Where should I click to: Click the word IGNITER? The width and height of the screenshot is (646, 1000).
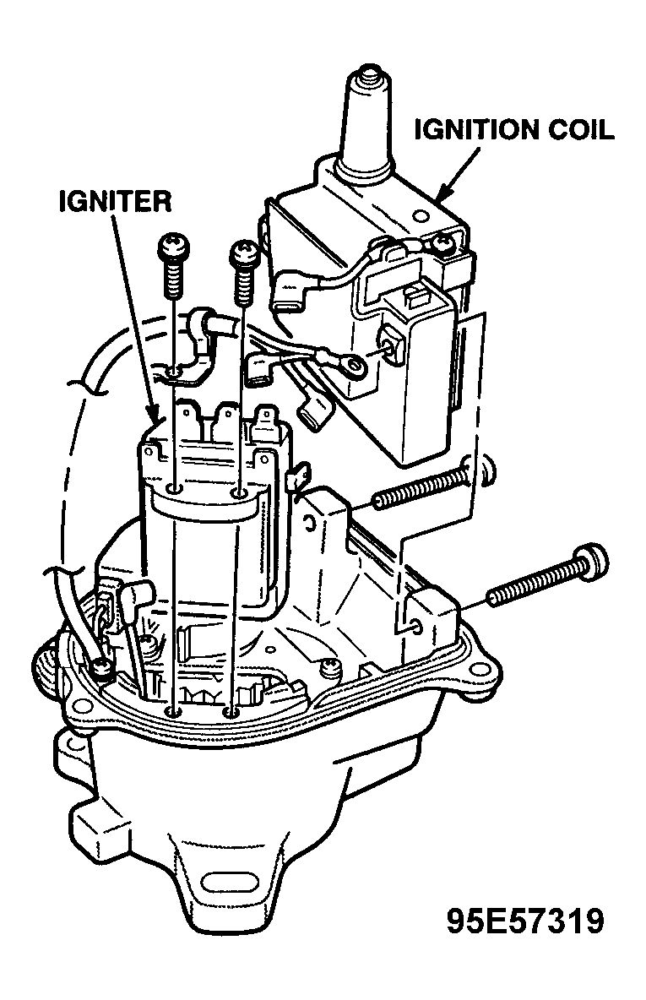tap(116, 202)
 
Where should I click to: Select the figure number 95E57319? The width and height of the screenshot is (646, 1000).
tap(524, 921)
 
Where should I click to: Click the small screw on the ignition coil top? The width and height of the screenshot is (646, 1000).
tap(441, 242)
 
